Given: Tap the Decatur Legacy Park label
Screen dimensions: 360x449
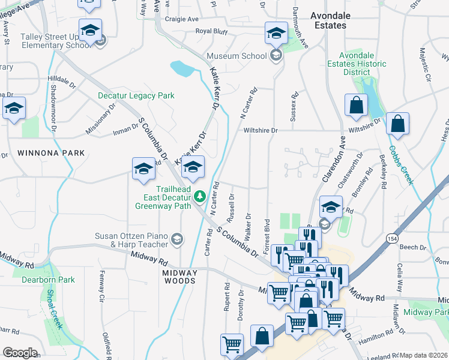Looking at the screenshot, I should (x=136, y=95).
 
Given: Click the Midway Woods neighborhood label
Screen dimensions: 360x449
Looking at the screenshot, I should (x=179, y=277).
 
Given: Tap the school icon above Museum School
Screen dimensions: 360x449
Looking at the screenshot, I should (x=276, y=33).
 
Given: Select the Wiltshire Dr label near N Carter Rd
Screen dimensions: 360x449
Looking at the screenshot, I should (x=261, y=130).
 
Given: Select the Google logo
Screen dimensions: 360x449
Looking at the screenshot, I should (x=20, y=353).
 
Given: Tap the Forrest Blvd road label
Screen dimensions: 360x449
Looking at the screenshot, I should (x=267, y=233).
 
